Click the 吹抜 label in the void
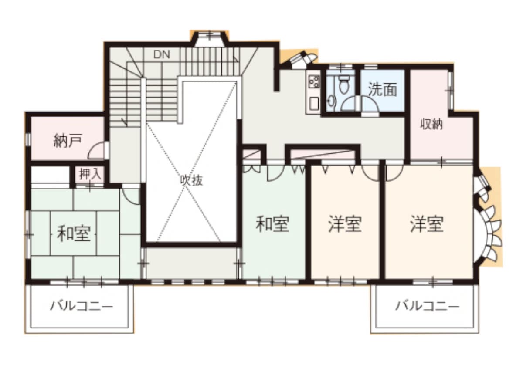[191, 180]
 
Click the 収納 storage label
[431, 125]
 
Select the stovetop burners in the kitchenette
[313, 81]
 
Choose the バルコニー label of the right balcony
[427, 307]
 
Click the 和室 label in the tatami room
[74, 233]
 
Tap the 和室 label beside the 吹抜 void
[272, 224]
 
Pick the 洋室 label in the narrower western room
[345, 224]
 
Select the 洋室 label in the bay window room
[427, 224]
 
